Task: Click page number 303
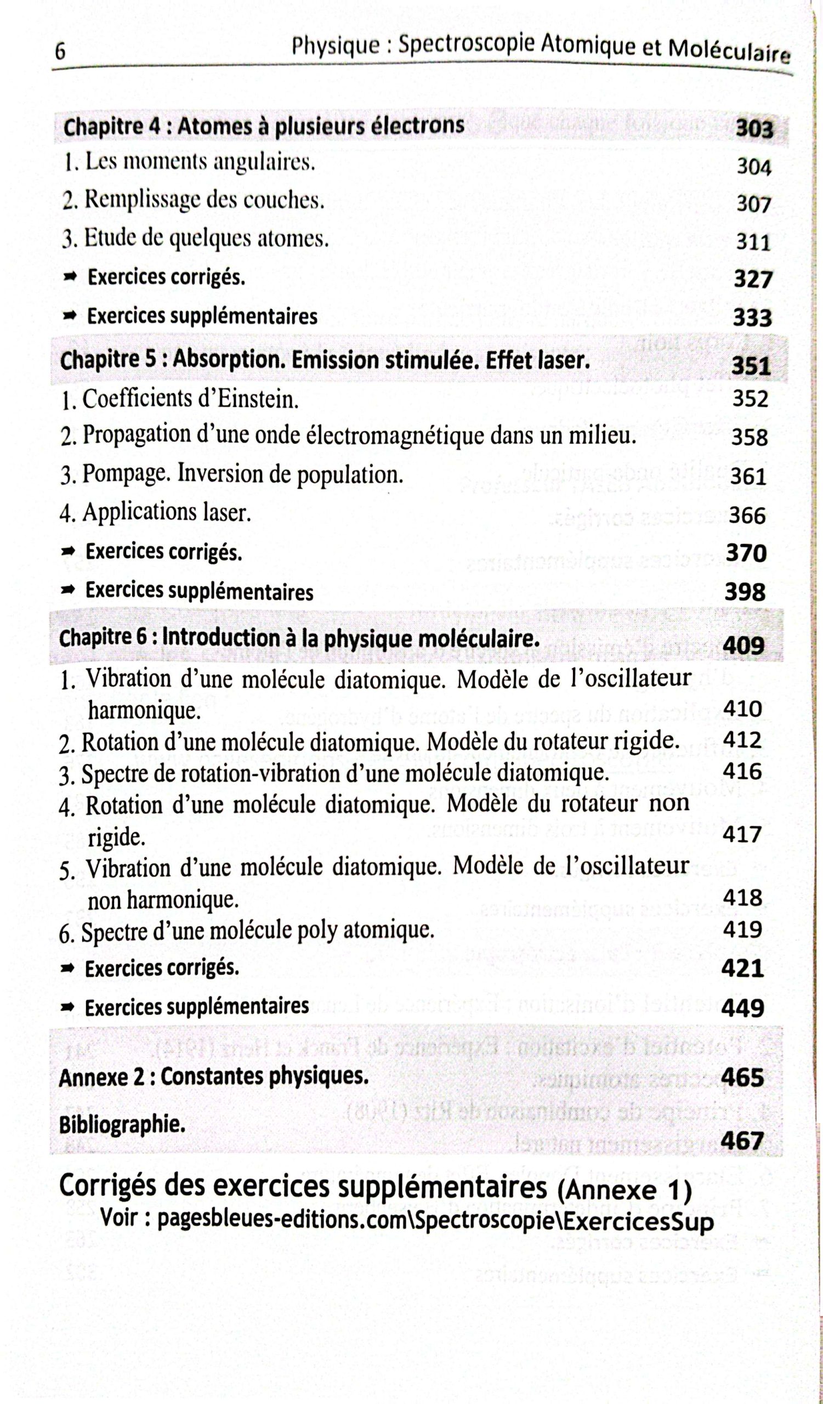click(754, 129)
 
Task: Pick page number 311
click(753, 242)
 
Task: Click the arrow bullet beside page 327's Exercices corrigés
click(71, 277)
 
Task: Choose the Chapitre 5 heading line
click(325, 360)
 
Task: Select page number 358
click(750, 437)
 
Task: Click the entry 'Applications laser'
click(156, 513)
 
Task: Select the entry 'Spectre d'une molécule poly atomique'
click(247, 931)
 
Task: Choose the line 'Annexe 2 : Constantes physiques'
click(214, 1077)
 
